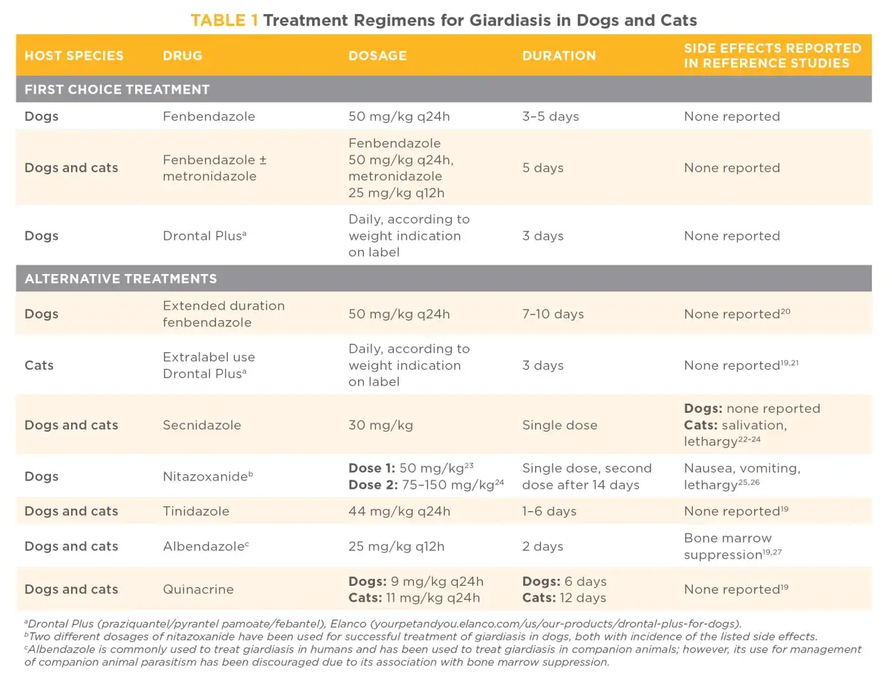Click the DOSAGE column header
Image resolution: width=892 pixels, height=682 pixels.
pyautogui.click(x=378, y=56)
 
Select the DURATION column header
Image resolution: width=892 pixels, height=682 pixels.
pyautogui.click(x=559, y=56)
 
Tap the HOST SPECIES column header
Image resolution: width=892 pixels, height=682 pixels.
pyautogui.click(x=74, y=56)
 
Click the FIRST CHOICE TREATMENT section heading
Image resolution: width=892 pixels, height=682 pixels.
pyautogui.click(x=117, y=89)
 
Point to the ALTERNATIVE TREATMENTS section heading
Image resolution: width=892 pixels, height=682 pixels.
pyautogui.click(x=121, y=278)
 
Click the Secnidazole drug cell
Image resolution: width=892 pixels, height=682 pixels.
pyautogui.click(x=202, y=425)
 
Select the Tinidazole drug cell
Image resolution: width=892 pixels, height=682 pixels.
pyautogui.click(x=196, y=511)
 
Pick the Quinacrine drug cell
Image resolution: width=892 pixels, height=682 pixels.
pyautogui.click(x=199, y=589)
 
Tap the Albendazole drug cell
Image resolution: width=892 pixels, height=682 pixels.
pyautogui.click(x=206, y=546)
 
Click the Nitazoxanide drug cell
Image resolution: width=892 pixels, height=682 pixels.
pyautogui.click(x=208, y=476)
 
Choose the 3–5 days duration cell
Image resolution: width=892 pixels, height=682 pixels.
pyautogui.click(x=551, y=116)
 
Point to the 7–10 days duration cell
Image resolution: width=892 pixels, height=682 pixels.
pyautogui.click(x=553, y=314)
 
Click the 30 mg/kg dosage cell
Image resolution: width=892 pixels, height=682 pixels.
pyautogui.click(x=380, y=425)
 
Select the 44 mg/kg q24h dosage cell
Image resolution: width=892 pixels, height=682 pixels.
pyautogui.click(x=399, y=511)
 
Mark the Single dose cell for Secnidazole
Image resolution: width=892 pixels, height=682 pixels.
pyautogui.click(x=560, y=425)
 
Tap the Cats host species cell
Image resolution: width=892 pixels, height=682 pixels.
pyautogui.click(x=39, y=365)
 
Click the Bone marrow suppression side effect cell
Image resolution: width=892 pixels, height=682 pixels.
pyautogui.click(x=732, y=546)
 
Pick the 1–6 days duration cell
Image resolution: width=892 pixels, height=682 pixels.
pyautogui.click(x=549, y=511)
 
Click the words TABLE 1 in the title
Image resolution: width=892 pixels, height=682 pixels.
pyautogui.click(x=224, y=20)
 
